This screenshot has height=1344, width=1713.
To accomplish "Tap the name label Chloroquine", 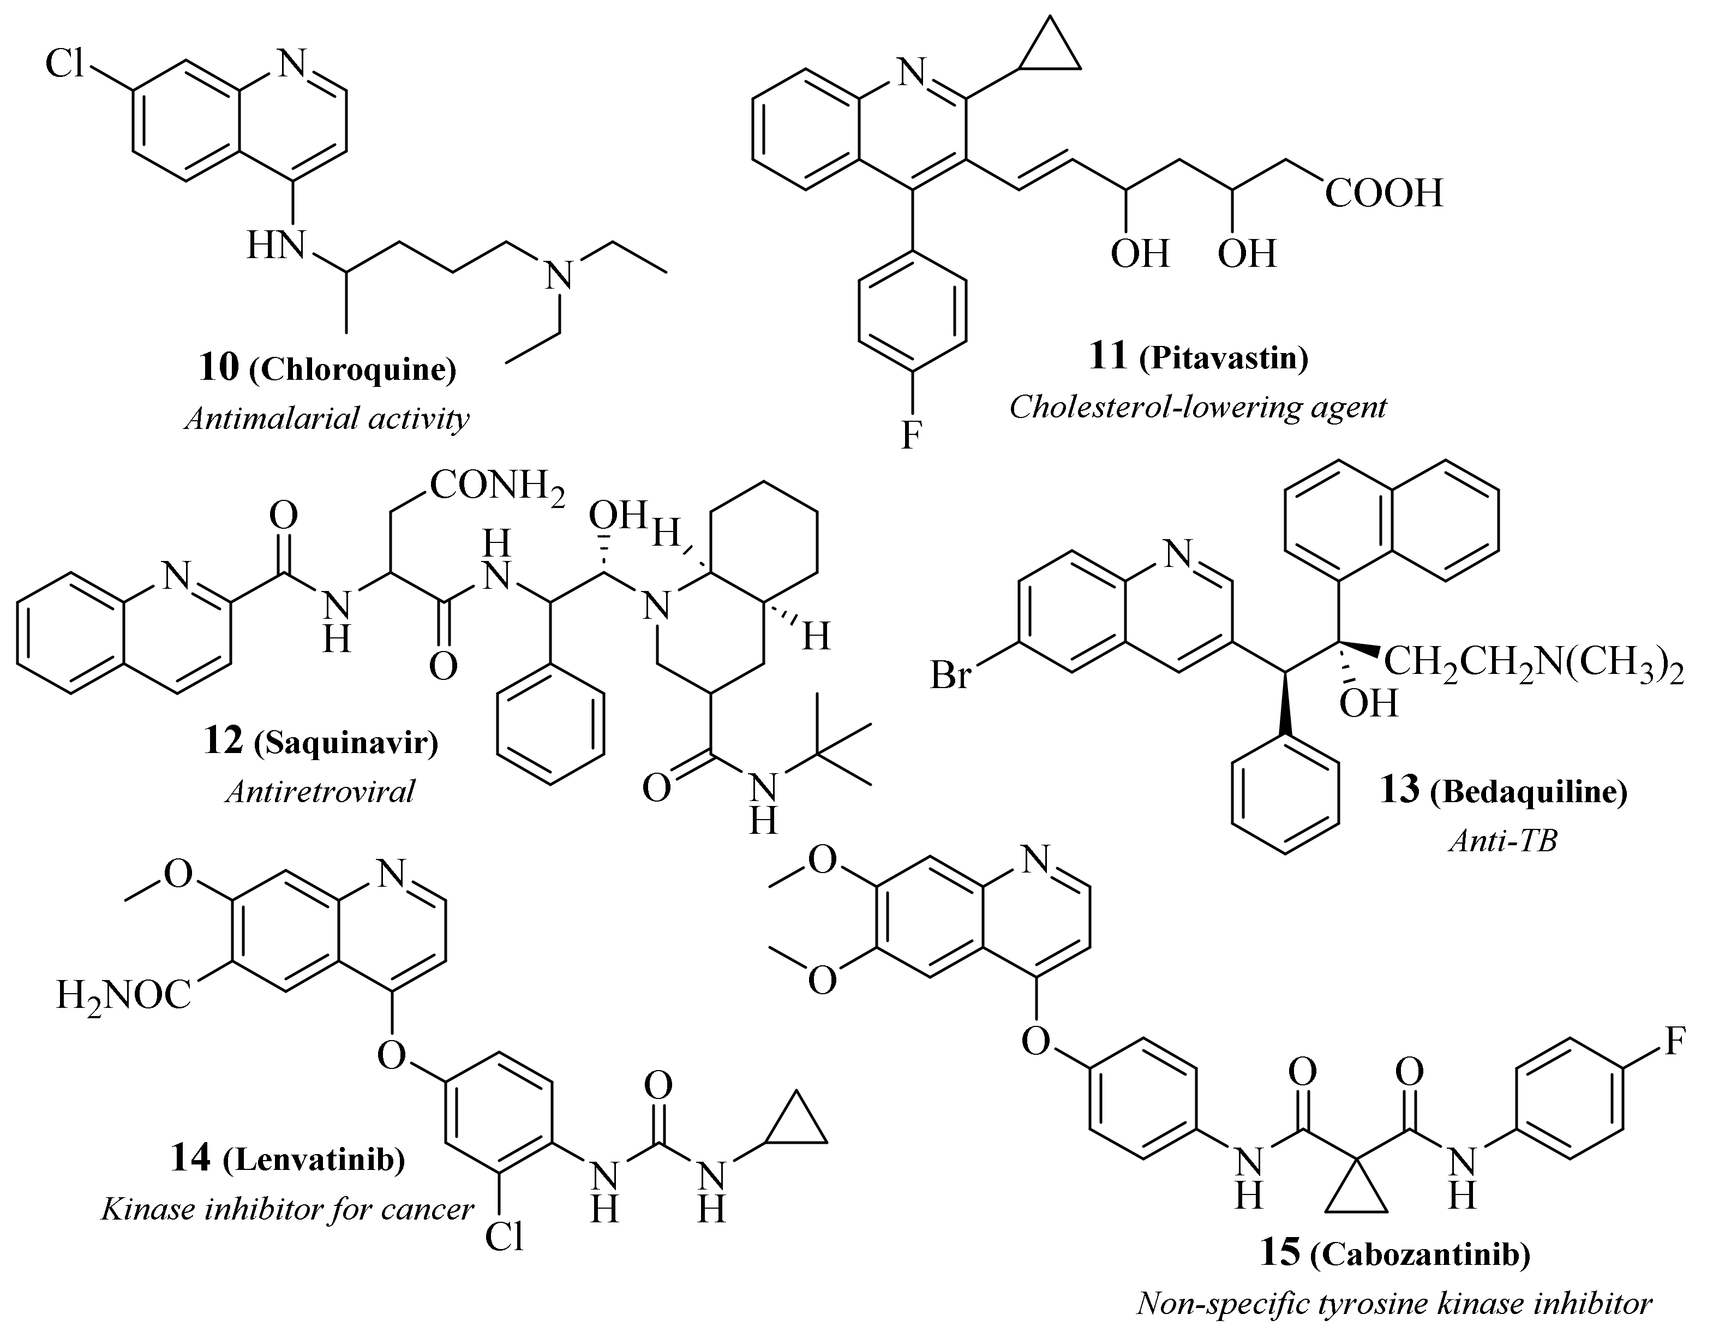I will point(352,370).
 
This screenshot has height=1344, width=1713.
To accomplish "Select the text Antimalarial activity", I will point(327,418).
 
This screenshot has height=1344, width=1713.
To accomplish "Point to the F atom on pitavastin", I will point(911,434).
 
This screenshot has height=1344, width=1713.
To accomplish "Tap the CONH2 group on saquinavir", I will point(496,486).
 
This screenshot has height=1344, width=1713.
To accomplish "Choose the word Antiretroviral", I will point(320,791).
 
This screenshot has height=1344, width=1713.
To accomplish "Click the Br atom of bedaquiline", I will point(951,675).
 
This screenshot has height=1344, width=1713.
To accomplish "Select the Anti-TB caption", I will point(1502,841).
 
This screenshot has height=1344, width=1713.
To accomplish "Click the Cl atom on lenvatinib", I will point(504,1238).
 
